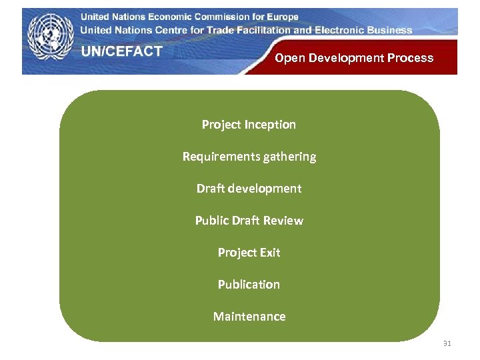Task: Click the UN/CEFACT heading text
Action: click(x=122, y=52)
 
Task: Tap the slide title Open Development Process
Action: click(x=354, y=58)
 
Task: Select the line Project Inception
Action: click(x=249, y=125)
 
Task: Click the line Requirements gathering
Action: click(x=249, y=157)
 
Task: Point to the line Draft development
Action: click(x=249, y=189)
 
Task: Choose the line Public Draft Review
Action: click(x=249, y=221)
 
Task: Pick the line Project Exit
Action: click(x=249, y=253)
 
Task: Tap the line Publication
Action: click(x=249, y=285)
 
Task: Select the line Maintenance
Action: click(x=249, y=317)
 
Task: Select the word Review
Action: click(x=285, y=221)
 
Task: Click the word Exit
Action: click(x=269, y=253)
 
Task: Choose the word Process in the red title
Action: click(x=410, y=58)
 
